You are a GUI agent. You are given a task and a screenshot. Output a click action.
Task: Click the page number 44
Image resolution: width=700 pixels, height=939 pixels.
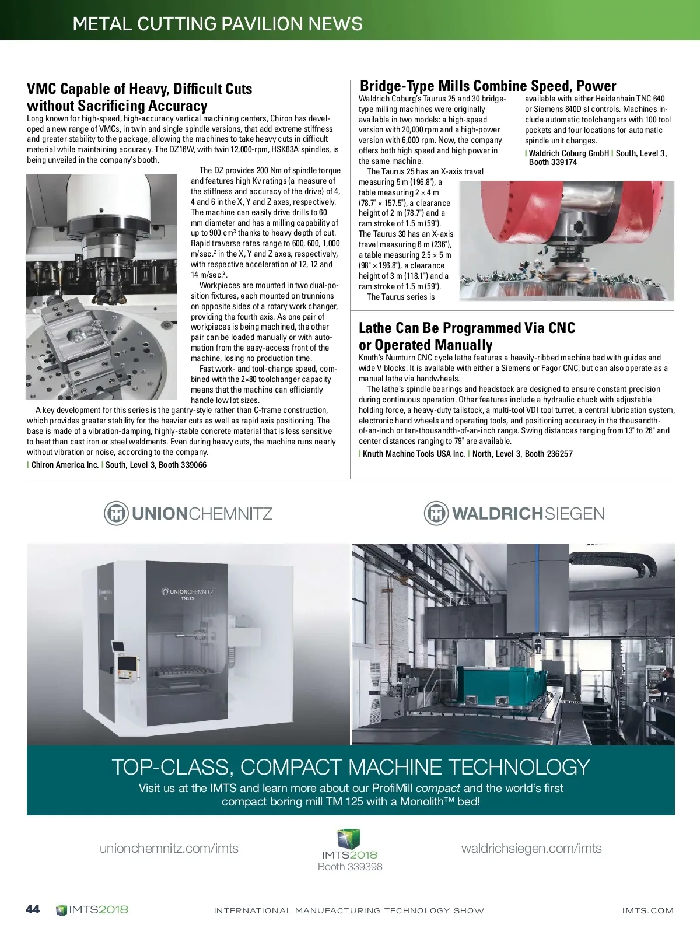(33, 909)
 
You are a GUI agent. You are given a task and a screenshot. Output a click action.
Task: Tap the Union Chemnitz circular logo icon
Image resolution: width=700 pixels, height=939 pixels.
(116, 514)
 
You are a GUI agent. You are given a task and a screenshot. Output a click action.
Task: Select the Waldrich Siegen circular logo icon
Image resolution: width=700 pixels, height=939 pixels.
(436, 514)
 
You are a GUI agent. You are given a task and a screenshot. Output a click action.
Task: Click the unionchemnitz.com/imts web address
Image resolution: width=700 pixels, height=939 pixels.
(169, 848)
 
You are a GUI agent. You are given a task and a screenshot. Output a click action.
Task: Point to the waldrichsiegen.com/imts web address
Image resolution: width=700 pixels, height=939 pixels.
(531, 848)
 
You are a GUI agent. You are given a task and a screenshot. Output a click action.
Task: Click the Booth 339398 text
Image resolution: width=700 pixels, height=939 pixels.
(350, 867)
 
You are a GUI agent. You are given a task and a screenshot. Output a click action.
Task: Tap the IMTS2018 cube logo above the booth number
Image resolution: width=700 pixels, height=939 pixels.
(349, 839)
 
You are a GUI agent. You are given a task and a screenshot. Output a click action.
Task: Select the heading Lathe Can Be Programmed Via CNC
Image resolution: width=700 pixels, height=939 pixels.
(467, 328)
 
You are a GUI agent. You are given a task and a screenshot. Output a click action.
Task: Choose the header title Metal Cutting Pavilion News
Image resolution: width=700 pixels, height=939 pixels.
(218, 24)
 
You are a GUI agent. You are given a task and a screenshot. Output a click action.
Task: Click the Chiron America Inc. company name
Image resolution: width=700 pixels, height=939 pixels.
(65, 465)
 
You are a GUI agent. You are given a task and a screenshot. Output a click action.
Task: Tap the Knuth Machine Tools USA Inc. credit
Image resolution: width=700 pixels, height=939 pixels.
(414, 454)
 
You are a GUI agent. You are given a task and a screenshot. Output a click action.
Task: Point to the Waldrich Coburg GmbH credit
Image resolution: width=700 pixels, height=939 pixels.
(569, 153)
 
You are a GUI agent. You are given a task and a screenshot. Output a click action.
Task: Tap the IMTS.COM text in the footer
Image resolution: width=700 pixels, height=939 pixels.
(647, 910)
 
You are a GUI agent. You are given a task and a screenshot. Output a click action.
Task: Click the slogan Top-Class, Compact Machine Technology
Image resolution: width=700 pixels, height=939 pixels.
(351, 766)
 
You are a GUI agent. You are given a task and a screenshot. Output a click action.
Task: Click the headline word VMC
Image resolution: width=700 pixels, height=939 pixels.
(42, 89)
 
